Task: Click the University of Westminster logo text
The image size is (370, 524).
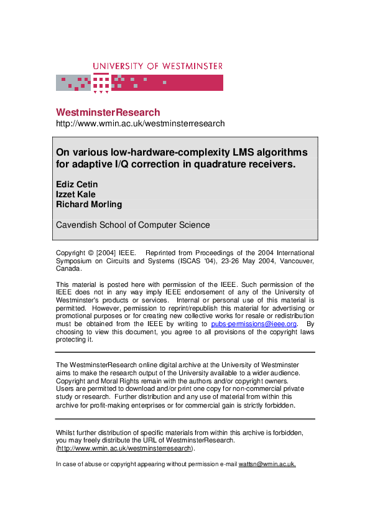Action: point(157,66)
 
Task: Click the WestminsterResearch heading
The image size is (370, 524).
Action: point(108,113)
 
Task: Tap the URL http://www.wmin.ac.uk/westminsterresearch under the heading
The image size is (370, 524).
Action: point(140,124)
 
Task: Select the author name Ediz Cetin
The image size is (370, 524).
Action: point(77,184)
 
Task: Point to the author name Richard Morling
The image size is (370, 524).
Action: point(89,204)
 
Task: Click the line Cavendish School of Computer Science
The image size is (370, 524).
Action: point(133,225)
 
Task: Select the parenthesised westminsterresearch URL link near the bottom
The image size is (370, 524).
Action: point(124,448)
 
